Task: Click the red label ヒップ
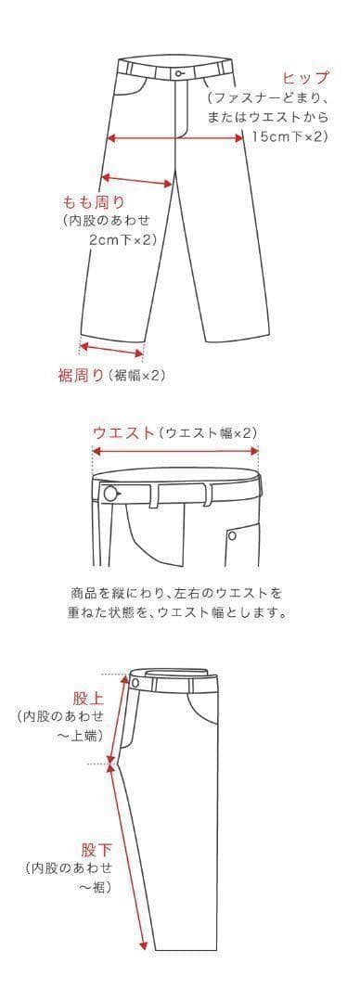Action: click(x=305, y=79)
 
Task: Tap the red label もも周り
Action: click(x=94, y=202)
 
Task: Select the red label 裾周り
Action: click(x=81, y=375)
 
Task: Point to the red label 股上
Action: click(x=88, y=696)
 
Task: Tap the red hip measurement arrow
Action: click(x=175, y=136)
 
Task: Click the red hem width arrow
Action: click(x=111, y=349)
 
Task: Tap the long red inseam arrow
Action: click(x=131, y=858)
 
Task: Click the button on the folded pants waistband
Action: click(x=135, y=683)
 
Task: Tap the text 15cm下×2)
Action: click(x=289, y=136)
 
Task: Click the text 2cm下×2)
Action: click(x=122, y=239)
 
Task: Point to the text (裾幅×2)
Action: click(x=136, y=376)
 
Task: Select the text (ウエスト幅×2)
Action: click(x=208, y=432)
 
